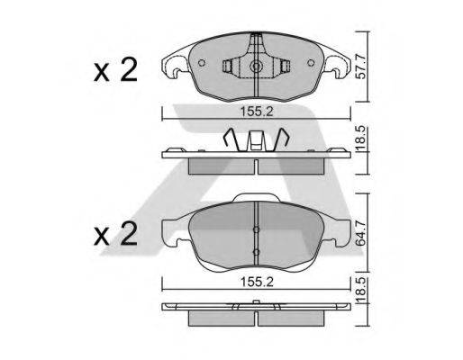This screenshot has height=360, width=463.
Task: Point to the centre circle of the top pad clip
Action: click(x=258, y=67)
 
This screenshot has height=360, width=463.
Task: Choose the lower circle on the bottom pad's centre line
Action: click(x=257, y=251)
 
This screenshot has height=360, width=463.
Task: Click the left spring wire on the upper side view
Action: click(x=232, y=141)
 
